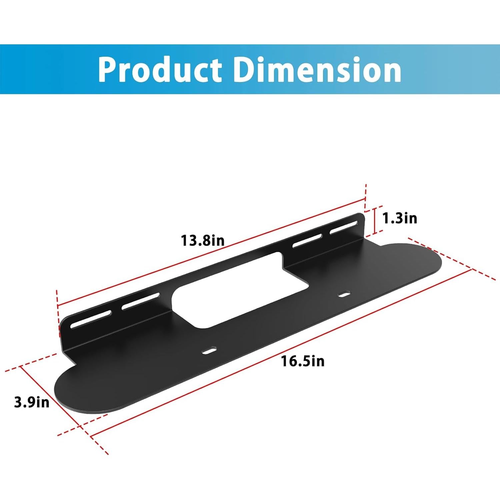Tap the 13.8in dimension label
(203, 240)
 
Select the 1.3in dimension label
(399, 218)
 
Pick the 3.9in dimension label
(32, 402)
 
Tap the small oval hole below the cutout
(209, 350)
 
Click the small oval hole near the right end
(344, 294)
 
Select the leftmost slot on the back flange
(91, 319)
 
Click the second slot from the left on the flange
(140, 301)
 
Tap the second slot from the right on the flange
(307, 241)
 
